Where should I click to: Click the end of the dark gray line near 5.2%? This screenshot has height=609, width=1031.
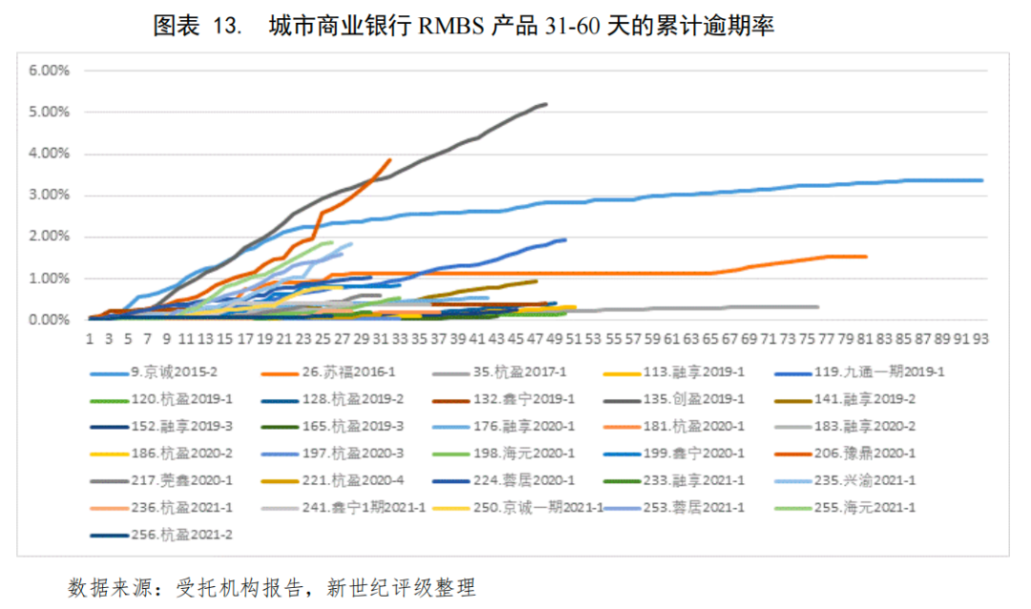click(545, 104)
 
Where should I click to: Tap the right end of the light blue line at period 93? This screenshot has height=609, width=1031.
click(981, 180)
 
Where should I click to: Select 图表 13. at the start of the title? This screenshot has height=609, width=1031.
click(195, 27)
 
